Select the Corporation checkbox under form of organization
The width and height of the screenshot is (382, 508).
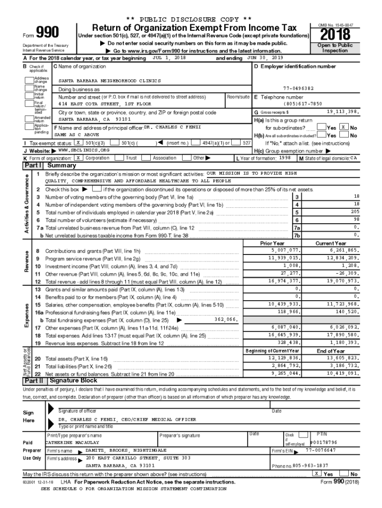pos(78,158)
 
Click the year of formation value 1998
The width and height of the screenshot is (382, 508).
pos(285,158)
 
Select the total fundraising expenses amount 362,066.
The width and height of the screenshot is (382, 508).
pos(226,319)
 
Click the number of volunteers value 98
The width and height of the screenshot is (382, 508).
pos(356,219)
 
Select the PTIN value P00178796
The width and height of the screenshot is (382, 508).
pos(323,442)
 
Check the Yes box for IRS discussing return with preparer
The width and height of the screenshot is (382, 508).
pos(317,473)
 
